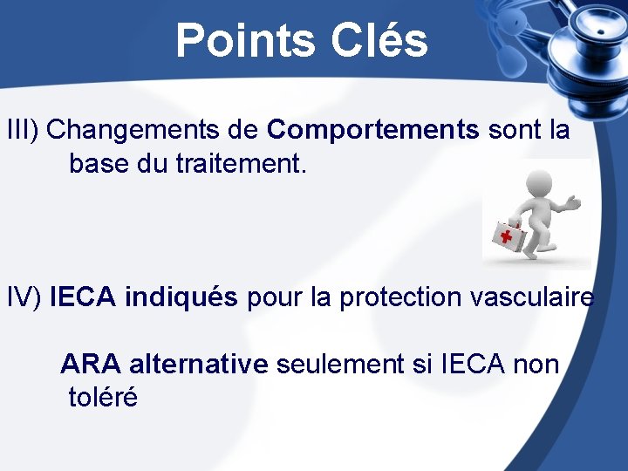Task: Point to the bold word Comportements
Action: tap(373, 131)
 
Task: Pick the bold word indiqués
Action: tap(181, 297)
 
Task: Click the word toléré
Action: tap(103, 398)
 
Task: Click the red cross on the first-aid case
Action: tap(505, 235)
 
